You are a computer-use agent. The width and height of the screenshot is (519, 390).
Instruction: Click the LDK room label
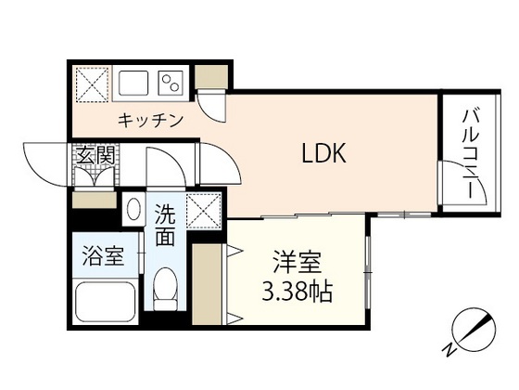(x=323, y=154)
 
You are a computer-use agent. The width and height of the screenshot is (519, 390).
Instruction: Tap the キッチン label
(x=150, y=121)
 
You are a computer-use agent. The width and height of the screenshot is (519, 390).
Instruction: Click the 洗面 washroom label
(x=165, y=226)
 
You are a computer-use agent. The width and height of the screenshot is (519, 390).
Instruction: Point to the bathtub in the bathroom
(x=104, y=302)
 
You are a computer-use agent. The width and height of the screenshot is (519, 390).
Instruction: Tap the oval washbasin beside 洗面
(x=133, y=209)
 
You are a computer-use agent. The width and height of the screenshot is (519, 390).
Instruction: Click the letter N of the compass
(x=448, y=348)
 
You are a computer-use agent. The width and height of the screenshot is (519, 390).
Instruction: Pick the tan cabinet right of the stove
(x=209, y=79)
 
